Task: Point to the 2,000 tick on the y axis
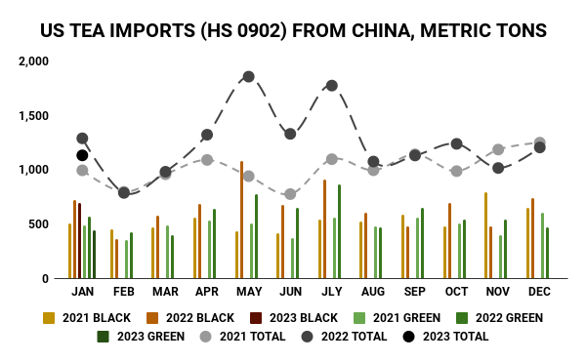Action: click(33, 60)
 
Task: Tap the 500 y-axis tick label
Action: click(39, 223)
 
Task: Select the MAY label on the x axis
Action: click(248, 292)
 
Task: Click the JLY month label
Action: click(332, 292)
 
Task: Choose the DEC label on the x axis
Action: click(539, 292)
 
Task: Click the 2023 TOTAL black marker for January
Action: click(82, 155)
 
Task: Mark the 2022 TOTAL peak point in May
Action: click(248, 76)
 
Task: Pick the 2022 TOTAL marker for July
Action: click(332, 86)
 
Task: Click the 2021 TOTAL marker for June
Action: click(290, 194)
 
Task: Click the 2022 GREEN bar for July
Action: click(339, 231)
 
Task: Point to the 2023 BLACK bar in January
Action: click(80, 240)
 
